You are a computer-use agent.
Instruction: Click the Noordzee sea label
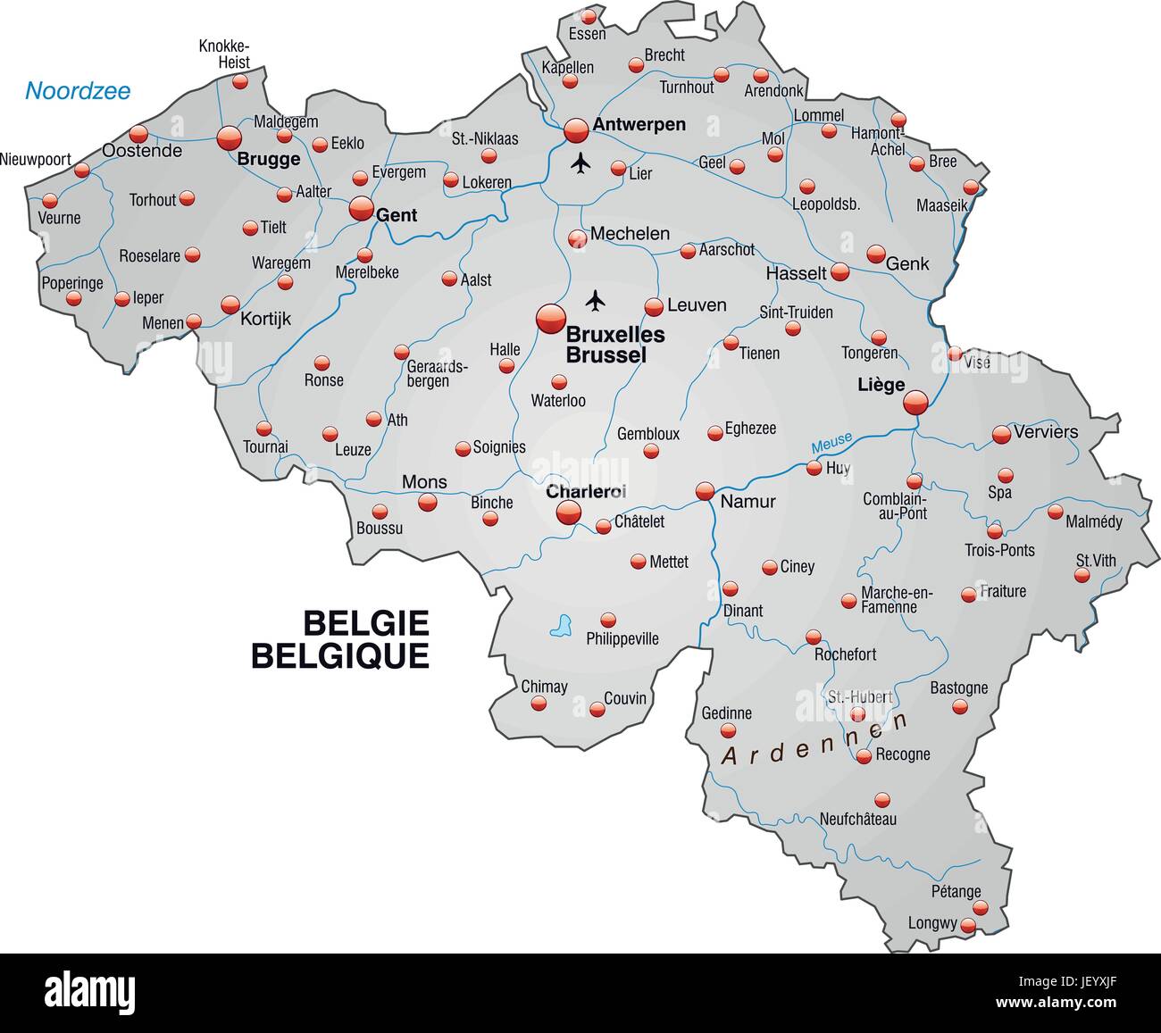point(78,90)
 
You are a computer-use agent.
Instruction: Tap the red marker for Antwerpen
point(576,131)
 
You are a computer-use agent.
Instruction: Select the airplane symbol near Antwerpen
point(581,163)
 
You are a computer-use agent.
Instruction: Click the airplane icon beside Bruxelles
point(595,299)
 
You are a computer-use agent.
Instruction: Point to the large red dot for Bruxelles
point(550,318)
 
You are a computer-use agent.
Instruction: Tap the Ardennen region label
point(814,739)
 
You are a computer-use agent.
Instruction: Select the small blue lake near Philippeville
point(561,625)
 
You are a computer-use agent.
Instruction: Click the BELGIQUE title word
point(340,656)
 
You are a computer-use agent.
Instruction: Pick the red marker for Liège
point(915,403)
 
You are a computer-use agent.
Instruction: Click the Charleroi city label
point(586,491)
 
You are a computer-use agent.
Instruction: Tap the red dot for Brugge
point(230,137)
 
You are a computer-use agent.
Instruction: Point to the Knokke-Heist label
point(224,54)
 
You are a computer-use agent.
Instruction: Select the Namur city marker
point(705,491)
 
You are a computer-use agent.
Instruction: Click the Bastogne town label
point(959,687)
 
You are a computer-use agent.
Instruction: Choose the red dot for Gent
point(361,209)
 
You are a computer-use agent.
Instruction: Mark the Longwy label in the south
point(932,923)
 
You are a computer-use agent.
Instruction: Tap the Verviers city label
point(1046,432)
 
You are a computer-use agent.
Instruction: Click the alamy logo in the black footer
point(90,991)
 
